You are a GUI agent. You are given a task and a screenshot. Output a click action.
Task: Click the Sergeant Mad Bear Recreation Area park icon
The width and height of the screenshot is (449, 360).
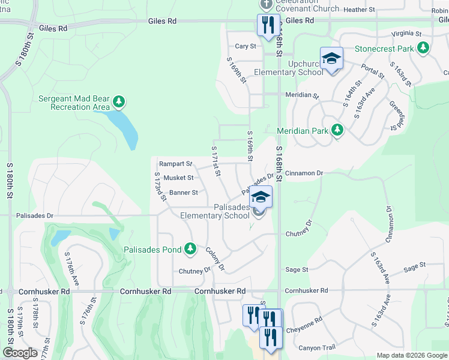[119, 103]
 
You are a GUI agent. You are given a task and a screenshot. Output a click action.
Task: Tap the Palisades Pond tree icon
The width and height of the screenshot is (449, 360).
[190, 248]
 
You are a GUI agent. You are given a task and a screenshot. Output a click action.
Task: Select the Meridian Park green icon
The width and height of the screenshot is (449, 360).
[337, 130]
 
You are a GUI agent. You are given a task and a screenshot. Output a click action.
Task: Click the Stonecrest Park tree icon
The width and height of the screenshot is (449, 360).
[423, 47]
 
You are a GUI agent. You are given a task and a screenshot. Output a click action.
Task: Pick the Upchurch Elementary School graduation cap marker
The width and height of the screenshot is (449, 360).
[331, 59]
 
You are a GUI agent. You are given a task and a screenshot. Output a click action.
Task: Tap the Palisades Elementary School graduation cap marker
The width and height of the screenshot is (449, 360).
[261, 197]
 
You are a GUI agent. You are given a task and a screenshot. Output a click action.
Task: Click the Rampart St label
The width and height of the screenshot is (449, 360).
[175, 164]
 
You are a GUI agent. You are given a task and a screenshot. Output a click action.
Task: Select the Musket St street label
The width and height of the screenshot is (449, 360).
[179, 178]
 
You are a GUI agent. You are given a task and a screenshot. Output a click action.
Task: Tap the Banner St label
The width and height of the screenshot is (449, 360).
[183, 193]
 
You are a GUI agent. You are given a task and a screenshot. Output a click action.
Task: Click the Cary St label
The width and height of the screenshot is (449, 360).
[246, 46]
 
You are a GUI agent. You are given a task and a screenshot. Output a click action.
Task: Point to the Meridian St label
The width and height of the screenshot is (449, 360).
[302, 95]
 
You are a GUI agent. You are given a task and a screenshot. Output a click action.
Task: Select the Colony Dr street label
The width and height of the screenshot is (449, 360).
[215, 259]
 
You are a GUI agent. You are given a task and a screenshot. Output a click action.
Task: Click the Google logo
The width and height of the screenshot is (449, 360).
[20, 353]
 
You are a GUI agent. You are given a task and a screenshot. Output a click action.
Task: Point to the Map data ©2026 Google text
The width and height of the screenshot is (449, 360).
[411, 355]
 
